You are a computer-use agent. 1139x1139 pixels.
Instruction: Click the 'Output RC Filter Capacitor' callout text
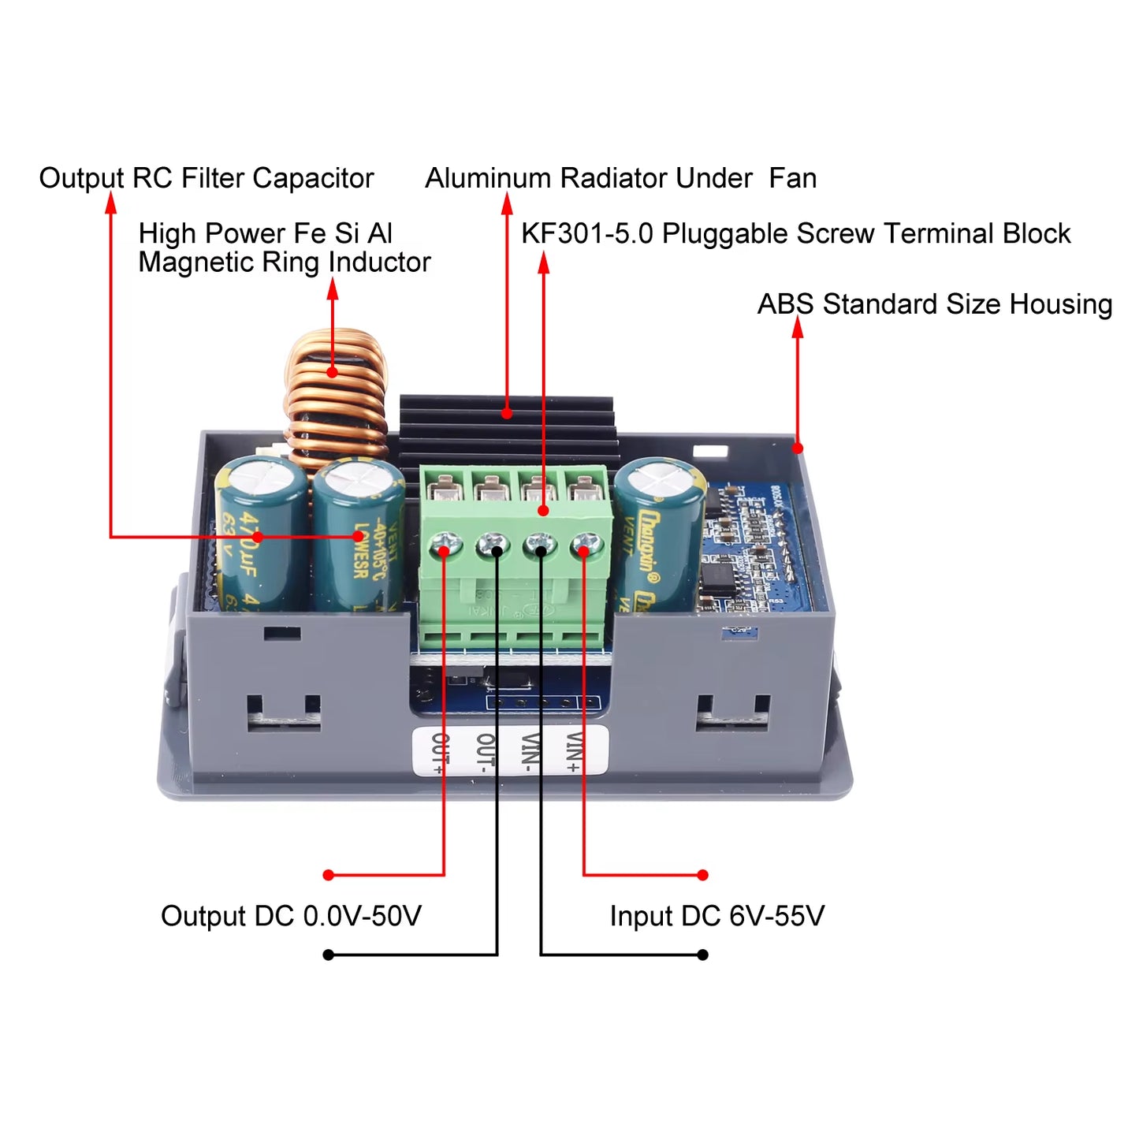point(206,178)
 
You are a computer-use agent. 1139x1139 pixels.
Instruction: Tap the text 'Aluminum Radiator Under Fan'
point(620,178)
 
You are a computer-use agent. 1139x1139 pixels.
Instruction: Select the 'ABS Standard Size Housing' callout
point(934,304)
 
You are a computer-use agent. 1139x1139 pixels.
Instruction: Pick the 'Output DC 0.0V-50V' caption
point(291,916)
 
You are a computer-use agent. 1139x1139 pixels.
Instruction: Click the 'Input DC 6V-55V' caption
point(717,916)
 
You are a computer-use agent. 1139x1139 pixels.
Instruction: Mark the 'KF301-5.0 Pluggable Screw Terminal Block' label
point(795,233)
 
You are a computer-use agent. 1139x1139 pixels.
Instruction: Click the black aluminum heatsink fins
point(507,430)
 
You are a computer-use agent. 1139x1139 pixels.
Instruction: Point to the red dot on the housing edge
point(798,449)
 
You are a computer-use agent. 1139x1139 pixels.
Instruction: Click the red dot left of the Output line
point(329,875)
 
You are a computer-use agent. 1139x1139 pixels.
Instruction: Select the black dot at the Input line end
point(703,955)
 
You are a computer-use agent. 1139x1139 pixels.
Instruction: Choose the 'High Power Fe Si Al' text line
point(265,233)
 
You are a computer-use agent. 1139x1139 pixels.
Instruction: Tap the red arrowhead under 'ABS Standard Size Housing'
point(798,326)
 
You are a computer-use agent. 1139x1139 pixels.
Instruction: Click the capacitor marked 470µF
point(260,536)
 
